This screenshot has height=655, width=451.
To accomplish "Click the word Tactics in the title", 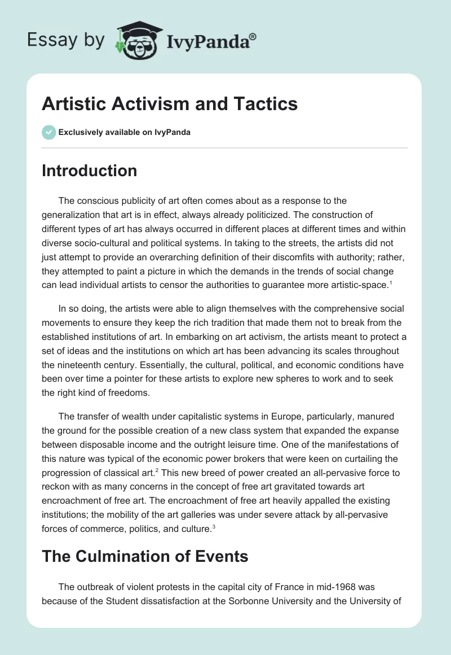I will click(266, 104).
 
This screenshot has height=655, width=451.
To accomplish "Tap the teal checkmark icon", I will click(48, 132).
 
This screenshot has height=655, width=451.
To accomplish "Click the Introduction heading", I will click(89, 171).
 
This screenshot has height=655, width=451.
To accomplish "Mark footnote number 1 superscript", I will click(390, 282).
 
